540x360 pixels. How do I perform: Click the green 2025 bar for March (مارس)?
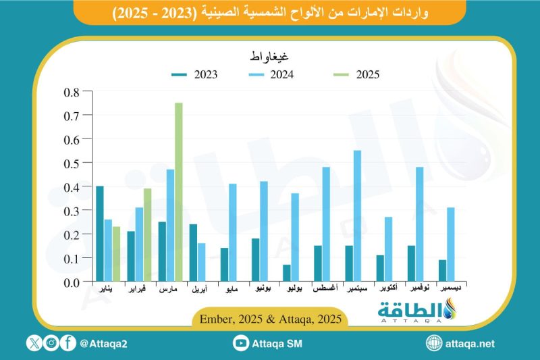coord(179,192)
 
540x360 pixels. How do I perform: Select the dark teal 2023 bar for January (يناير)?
coord(100,234)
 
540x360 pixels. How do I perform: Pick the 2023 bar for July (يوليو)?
coord(287,273)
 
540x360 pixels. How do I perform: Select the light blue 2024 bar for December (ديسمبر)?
coord(451,245)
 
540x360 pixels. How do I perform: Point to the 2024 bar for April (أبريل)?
coord(201,262)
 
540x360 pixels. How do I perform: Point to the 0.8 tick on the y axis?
coord(71,92)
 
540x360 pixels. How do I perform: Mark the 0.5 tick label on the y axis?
coord(71,163)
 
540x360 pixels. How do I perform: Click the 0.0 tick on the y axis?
coord(71,282)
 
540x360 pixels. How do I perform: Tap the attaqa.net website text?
coord(470,344)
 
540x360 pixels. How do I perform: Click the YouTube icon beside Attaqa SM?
coord(240,344)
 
